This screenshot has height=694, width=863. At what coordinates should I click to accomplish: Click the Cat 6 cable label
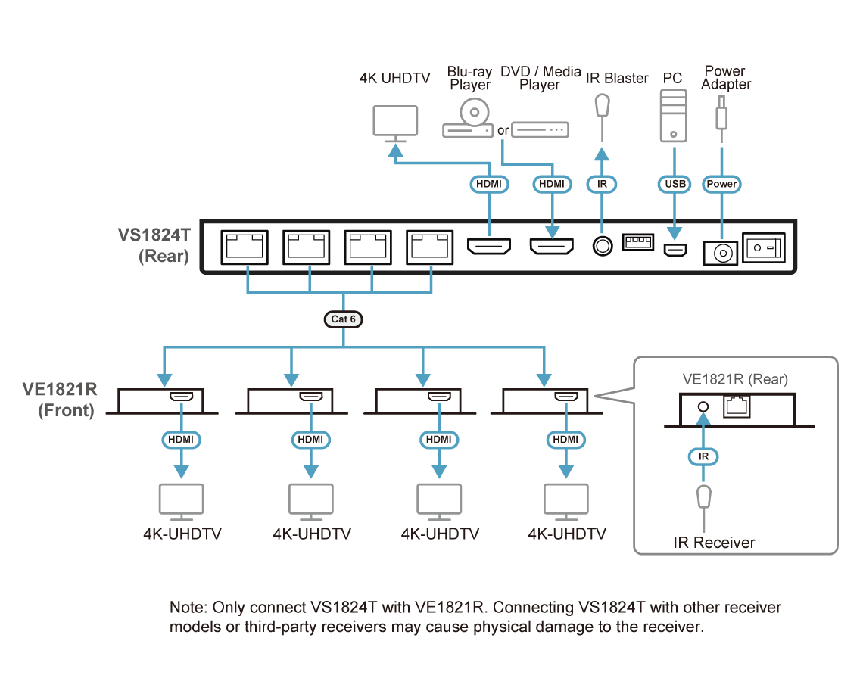[343, 319]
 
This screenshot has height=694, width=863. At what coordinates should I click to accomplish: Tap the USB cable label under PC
[673, 184]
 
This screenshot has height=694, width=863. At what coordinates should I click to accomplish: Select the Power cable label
[721, 184]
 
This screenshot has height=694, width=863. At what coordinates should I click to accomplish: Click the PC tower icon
[672, 115]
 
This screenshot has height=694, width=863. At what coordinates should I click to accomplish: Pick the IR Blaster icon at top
[602, 105]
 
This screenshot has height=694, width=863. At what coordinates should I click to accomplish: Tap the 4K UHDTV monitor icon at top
[396, 123]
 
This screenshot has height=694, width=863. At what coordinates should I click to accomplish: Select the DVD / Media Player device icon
[540, 130]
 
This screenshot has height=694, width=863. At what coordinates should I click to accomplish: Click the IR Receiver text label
[714, 543]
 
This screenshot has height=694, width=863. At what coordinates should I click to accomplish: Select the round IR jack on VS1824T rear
[602, 247]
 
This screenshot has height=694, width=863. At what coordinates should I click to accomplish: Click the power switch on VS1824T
[764, 247]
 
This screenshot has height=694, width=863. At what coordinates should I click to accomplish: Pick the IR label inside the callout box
[703, 456]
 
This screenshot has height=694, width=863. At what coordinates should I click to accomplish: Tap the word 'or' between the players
[503, 131]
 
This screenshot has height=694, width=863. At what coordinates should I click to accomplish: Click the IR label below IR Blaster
[603, 184]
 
